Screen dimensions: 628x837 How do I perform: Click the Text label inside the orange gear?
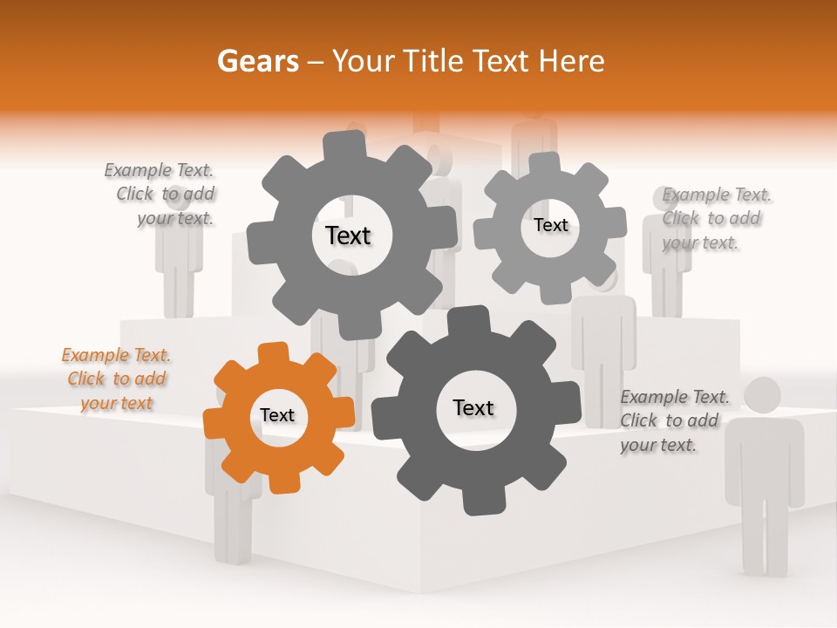[277, 415]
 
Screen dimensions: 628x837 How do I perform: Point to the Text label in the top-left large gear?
[348, 235]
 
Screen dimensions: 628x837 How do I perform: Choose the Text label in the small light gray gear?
[550, 225]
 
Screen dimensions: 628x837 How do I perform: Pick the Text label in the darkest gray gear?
[473, 407]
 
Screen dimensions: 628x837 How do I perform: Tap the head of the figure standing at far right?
[764, 395]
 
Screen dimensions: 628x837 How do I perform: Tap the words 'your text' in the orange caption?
[116, 403]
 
